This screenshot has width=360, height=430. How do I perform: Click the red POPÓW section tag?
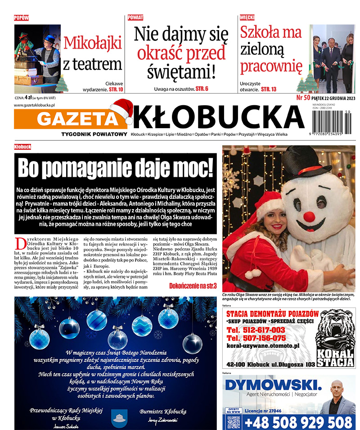tap(21, 18)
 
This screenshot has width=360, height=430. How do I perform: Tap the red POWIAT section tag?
tap(135, 18)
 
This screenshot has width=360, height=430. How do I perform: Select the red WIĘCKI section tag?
tap(247, 18)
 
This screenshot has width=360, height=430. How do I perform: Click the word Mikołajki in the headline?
tap(93, 43)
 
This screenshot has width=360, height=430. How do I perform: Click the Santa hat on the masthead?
tap(121, 111)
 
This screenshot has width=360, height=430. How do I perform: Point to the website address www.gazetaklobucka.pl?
tap(35, 105)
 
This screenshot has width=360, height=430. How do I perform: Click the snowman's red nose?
tap(309, 216)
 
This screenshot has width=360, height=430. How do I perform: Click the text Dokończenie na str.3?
tap(193, 286)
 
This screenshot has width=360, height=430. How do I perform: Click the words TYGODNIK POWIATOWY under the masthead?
tap(94, 134)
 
